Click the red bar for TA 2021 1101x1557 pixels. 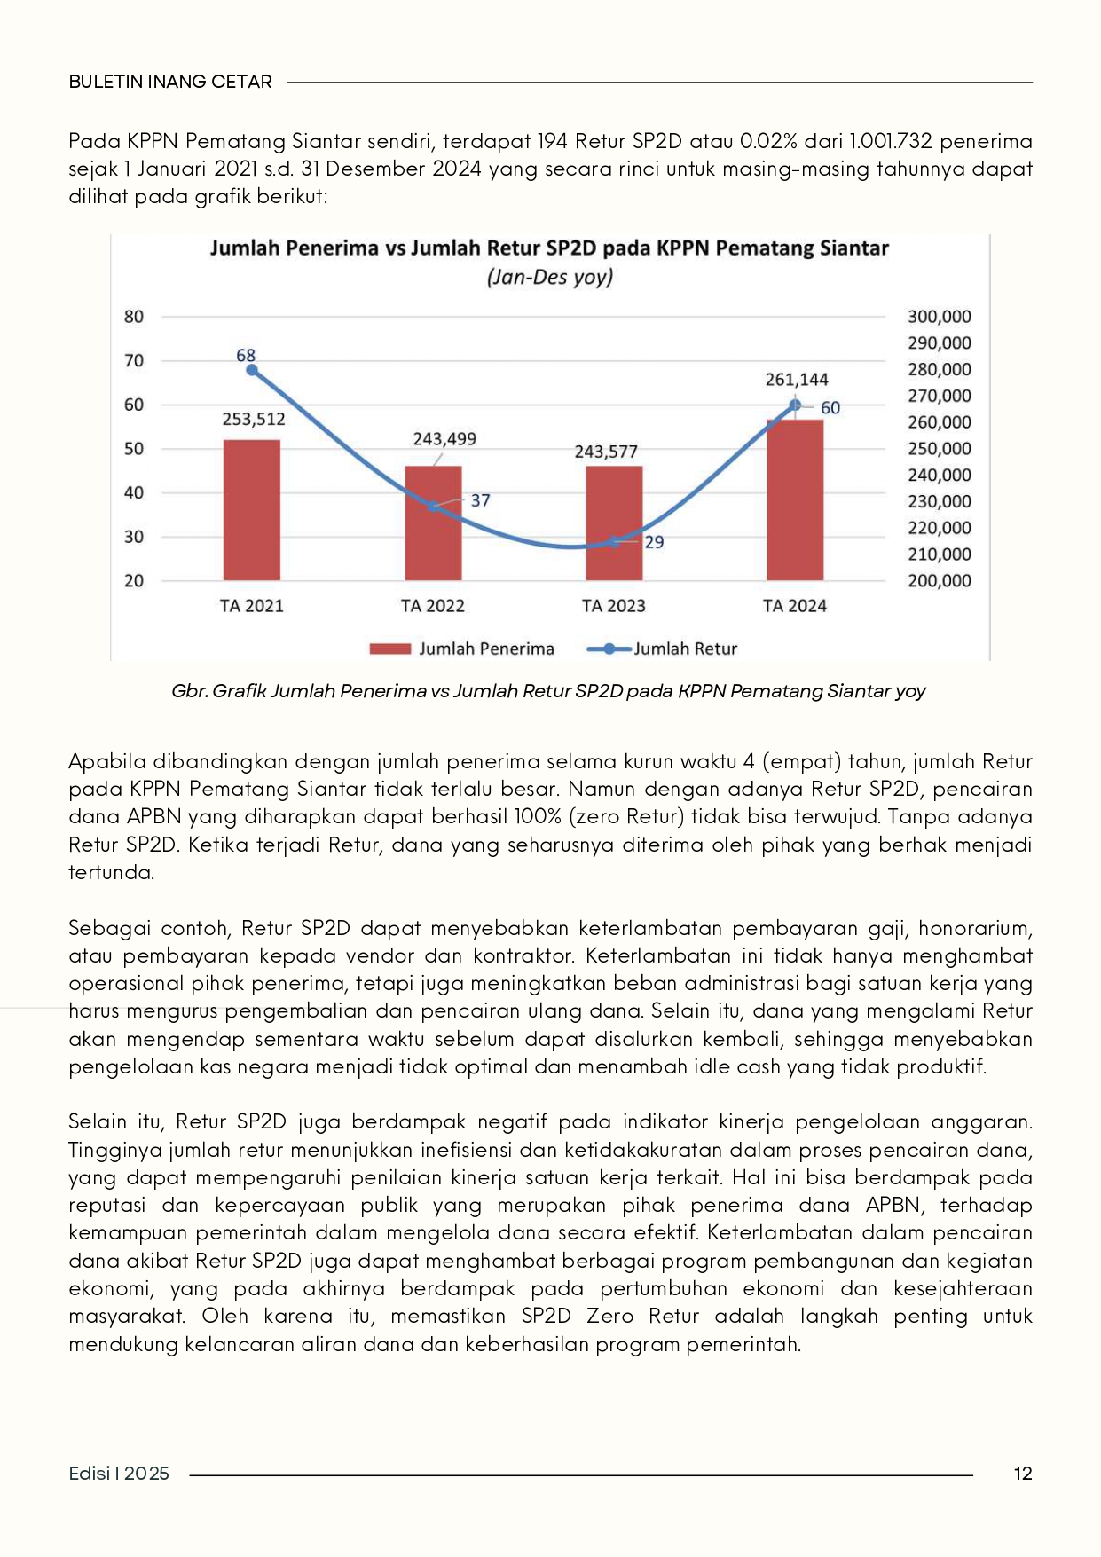click(x=252, y=510)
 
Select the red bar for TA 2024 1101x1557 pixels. click(x=795, y=500)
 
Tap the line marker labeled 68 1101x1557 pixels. click(x=252, y=370)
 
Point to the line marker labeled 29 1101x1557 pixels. click(x=614, y=542)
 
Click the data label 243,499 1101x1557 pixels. click(x=444, y=439)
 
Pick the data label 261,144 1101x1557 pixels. click(x=797, y=380)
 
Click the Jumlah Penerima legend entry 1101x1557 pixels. click(x=462, y=649)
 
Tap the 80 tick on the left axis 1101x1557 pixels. click(x=134, y=317)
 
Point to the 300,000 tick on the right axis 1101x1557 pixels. click(x=939, y=317)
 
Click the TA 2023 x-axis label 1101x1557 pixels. click(x=614, y=606)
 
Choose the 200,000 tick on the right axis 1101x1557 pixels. click(x=939, y=581)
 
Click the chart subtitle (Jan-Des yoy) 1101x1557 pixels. click(x=550, y=277)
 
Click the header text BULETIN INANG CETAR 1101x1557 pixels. click(x=170, y=82)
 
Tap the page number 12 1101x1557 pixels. click(x=1022, y=1474)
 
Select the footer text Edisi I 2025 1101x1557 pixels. click(x=119, y=1474)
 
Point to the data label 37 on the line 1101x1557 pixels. click(x=480, y=500)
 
